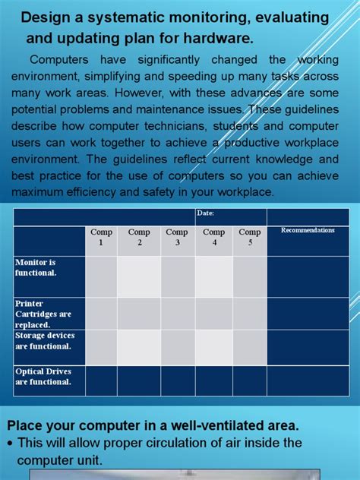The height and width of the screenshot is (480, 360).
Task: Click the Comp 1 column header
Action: [x=101, y=237]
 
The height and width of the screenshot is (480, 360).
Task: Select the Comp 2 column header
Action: [x=139, y=237]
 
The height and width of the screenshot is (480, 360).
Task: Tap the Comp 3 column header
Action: [x=177, y=237]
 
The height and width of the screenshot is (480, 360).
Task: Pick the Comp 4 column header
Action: [x=214, y=237]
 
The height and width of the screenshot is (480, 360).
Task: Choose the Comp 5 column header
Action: [x=250, y=237]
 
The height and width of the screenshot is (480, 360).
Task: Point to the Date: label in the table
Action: [x=205, y=213]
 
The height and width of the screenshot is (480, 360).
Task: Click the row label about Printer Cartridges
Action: [x=43, y=313]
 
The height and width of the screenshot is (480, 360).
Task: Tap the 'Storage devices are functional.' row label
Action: [x=43, y=341]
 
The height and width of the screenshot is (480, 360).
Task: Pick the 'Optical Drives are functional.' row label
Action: [x=43, y=377]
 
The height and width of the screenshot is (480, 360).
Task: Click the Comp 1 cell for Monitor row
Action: [x=101, y=276]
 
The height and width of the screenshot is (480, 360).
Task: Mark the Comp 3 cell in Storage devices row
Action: [x=177, y=347]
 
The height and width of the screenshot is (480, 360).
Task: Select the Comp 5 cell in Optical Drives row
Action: [x=250, y=381]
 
